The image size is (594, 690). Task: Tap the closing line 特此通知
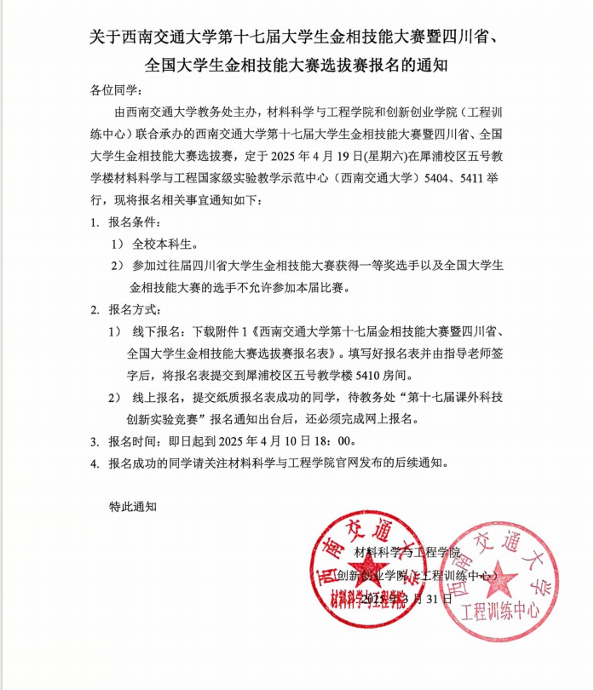click(133, 506)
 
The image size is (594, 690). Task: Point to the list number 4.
click(94, 463)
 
